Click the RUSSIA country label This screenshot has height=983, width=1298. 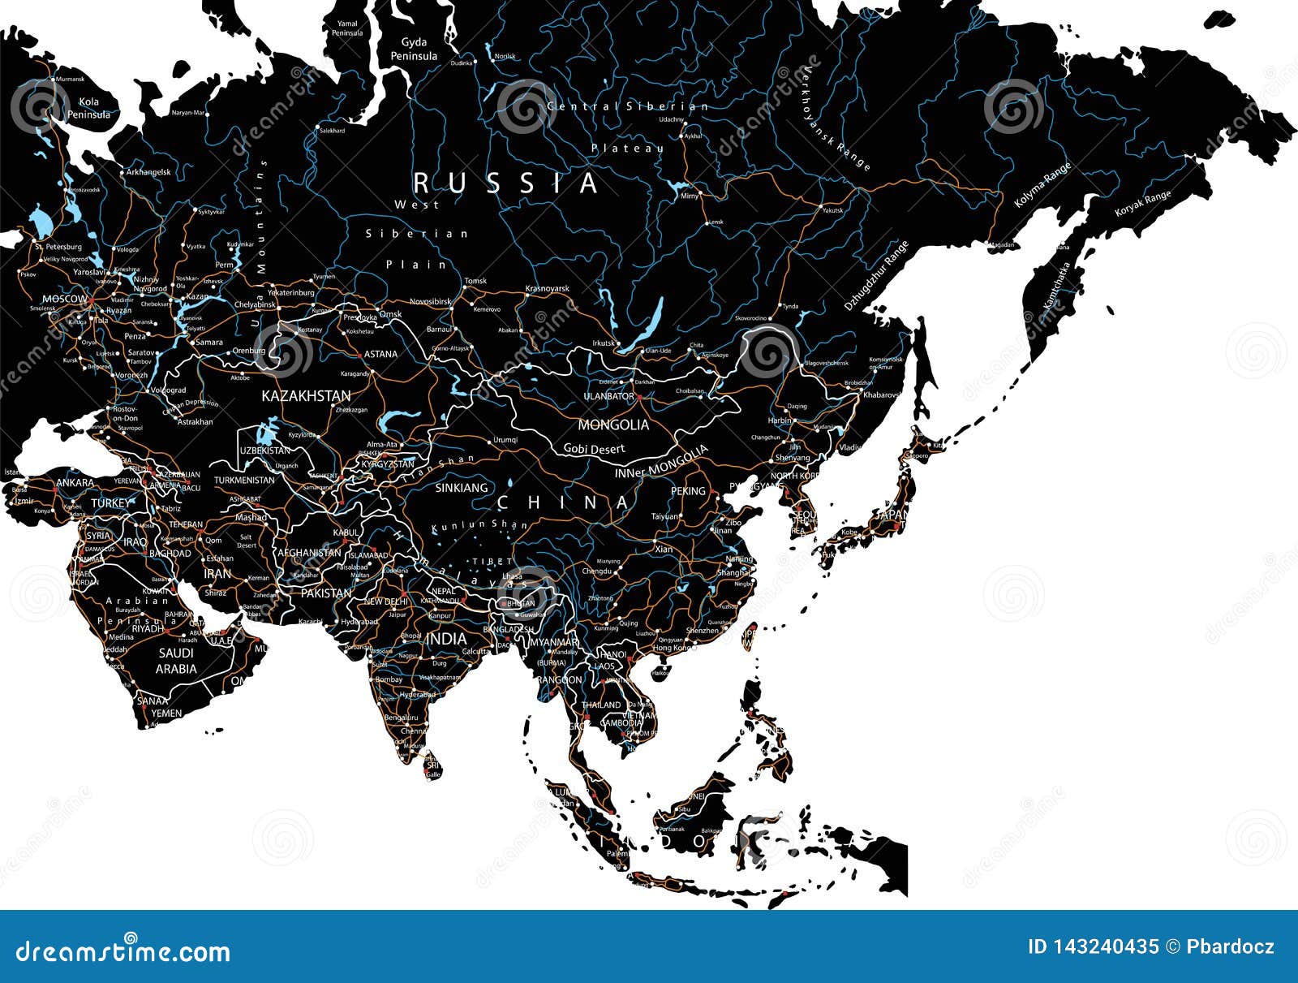click(506, 183)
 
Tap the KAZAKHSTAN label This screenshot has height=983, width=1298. click(306, 396)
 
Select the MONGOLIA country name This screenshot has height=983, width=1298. click(613, 425)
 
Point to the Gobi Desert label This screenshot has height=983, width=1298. click(595, 449)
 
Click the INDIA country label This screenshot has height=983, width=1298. click(446, 640)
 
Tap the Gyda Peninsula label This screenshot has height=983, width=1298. click(414, 49)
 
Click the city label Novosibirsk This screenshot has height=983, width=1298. click(430, 301)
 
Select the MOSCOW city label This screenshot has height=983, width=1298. click(64, 300)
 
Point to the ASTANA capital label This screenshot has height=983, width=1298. click(380, 354)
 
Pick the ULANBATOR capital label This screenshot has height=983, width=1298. click(608, 396)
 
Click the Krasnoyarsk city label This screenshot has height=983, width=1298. click(548, 288)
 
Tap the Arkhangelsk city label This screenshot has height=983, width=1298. click(148, 172)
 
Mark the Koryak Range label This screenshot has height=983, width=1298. click(1142, 203)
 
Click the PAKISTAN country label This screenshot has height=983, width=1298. click(326, 593)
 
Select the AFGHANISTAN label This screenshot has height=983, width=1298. click(309, 553)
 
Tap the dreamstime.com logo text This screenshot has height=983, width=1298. click(123, 951)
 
